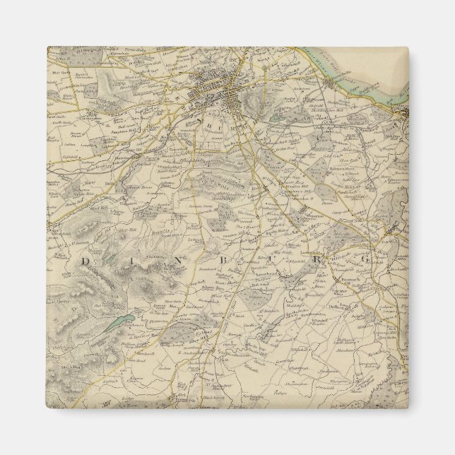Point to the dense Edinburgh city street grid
tap(219, 92)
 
